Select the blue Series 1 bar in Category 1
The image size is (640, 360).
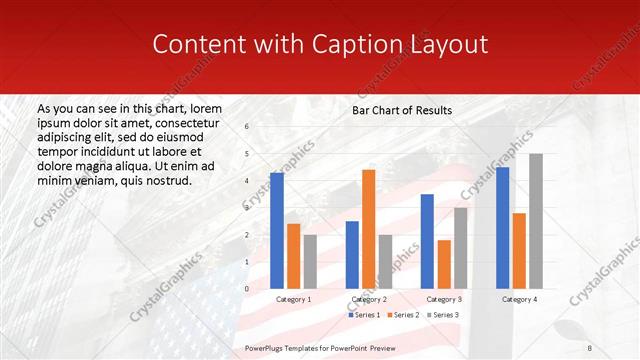click(277, 231)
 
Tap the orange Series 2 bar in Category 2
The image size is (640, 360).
click(369, 229)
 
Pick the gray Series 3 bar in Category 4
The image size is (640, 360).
click(536, 221)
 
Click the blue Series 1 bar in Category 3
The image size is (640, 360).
click(427, 241)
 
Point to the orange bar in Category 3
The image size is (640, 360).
click(444, 264)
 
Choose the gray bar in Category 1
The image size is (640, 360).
click(310, 261)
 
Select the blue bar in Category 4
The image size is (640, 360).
click(502, 228)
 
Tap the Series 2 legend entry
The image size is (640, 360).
click(404, 315)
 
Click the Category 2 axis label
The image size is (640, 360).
click(368, 299)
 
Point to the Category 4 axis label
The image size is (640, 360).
click(519, 299)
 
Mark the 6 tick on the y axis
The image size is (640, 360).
click(247, 126)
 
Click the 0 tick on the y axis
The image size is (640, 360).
click(247, 289)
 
